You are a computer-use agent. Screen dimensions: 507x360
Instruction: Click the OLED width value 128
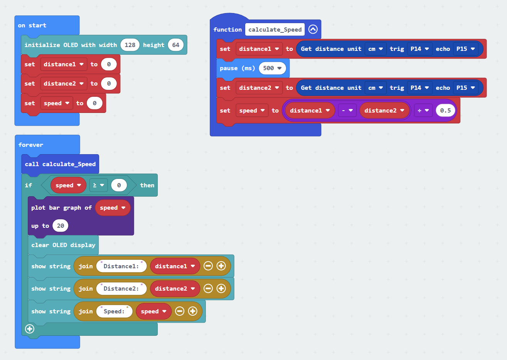pos(130,45)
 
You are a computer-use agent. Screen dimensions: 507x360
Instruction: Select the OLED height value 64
pos(176,45)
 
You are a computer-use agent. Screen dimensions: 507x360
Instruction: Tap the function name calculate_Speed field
pos(275,29)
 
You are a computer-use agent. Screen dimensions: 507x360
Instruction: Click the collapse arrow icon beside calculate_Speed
pos(313,29)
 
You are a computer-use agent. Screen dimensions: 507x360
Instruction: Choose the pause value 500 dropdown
pos(272,68)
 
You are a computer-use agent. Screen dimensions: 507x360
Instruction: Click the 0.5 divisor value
pos(445,110)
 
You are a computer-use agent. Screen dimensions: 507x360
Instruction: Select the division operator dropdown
pos(423,110)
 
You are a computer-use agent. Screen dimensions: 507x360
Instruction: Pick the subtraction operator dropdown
pos(347,110)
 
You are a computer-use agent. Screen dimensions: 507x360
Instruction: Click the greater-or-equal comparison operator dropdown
pos(98,185)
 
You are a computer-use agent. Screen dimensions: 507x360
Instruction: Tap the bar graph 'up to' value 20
pos(60,225)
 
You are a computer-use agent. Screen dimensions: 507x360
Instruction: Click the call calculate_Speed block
pos(60,164)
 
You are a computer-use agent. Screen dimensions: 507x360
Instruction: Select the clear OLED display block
pos(63,245)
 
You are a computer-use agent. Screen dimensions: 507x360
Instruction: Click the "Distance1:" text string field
pos(121,266)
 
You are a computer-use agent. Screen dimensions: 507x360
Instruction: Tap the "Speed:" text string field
pos(114,311)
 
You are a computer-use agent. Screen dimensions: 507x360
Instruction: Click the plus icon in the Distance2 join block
pos(221,288)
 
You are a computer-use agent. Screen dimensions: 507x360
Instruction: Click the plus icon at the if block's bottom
pos(30,329)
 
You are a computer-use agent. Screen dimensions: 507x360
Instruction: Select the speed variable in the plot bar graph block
pos(113,208)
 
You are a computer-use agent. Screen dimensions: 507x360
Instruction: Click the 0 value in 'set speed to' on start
pos(94,103)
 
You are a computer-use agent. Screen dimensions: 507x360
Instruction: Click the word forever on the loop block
pos(31,145)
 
